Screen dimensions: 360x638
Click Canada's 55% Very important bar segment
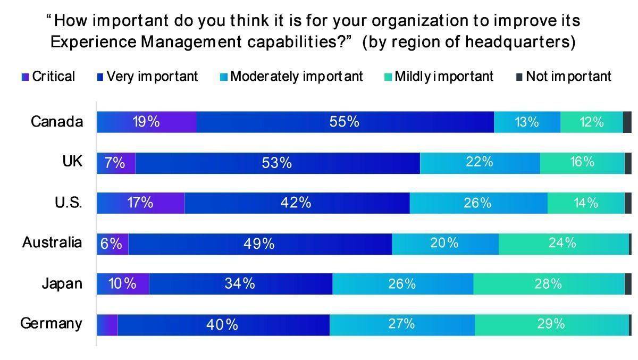(x=345, y=122)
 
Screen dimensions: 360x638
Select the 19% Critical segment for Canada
(x=146, y=122)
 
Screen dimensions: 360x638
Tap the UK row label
(x=72, y=162)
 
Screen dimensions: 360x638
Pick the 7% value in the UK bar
(x=115, y=163)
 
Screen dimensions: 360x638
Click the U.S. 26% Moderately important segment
(x=477, y=203)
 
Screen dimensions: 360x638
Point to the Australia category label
(x=52, y=242)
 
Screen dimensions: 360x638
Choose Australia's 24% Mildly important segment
(x=563, y=243)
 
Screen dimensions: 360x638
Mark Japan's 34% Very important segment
(x=240, y=283)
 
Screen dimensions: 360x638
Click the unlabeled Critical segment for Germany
(x=107, y=324)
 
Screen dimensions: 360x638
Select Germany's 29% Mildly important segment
(x=551, y=324)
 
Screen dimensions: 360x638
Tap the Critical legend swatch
(x=25, y=77)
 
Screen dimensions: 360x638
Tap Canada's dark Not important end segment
(x=627, y=122)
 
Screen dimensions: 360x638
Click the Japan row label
(x=62, y=283)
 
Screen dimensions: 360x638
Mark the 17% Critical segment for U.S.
(x=140, y=203)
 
